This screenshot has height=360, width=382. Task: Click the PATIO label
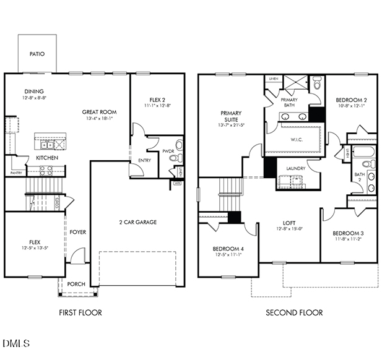click(37, 54)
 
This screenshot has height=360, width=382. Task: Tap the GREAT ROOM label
click(100, 112)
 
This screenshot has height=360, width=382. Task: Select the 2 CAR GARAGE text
click(137, 222)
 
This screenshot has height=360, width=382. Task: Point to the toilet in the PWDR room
click(180, 145)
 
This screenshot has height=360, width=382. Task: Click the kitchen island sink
click(46, 145)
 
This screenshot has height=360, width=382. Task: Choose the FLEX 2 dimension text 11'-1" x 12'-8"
click(158, 106)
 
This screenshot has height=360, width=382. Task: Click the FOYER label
click(77, 232)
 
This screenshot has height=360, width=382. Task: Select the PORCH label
click(76, 284)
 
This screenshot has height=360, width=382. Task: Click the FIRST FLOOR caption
click(80, 312)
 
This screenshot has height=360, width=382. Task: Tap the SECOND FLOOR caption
click(294, 312)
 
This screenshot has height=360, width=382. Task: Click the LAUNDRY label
click(297, 168)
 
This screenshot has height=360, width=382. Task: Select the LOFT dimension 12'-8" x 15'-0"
click(289, 229)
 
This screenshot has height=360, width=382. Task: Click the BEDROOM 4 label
click(228, 249)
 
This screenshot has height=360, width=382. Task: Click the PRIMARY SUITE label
click(231, 116)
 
